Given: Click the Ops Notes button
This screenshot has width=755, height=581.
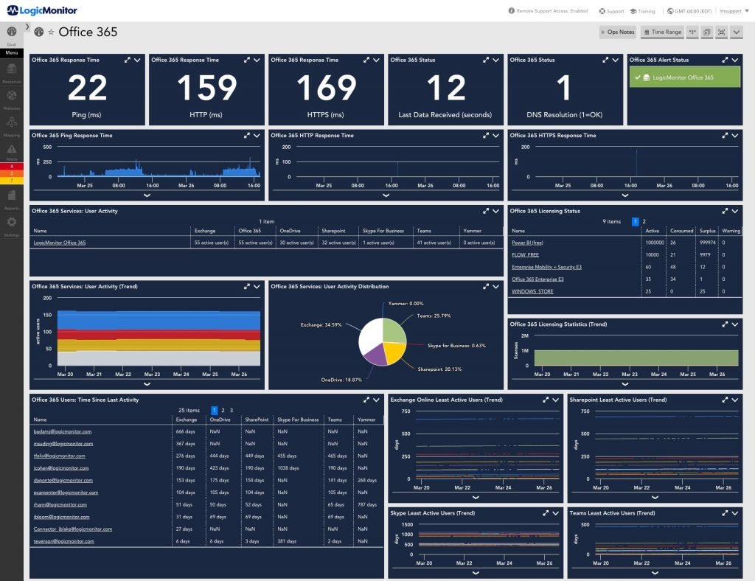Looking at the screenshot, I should [x=617, y=32].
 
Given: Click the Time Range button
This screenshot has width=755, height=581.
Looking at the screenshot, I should [x=662, y=32].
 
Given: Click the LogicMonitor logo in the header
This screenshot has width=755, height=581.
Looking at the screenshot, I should [x=42, y=10].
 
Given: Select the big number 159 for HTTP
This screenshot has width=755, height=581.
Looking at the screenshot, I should [x=206, y=88].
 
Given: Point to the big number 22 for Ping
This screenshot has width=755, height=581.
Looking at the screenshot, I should [x=87, y=88].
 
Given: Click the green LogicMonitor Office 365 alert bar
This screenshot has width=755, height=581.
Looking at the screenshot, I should [x=683, y=77].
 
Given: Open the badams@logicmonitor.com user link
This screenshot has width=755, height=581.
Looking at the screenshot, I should [x=63, y=431].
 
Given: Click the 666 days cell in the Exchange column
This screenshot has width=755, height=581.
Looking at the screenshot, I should [x=186, y=431].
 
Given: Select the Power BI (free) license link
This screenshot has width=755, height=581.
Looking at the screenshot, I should [x=528, y=242].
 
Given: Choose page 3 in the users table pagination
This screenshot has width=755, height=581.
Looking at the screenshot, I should [x=231, y=410].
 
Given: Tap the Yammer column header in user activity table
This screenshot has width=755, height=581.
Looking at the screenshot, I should [x=472, y=231].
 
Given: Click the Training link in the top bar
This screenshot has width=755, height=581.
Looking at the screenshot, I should [x=642, y=11].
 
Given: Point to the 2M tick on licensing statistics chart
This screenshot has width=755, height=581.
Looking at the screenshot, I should [x=524, y=335].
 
